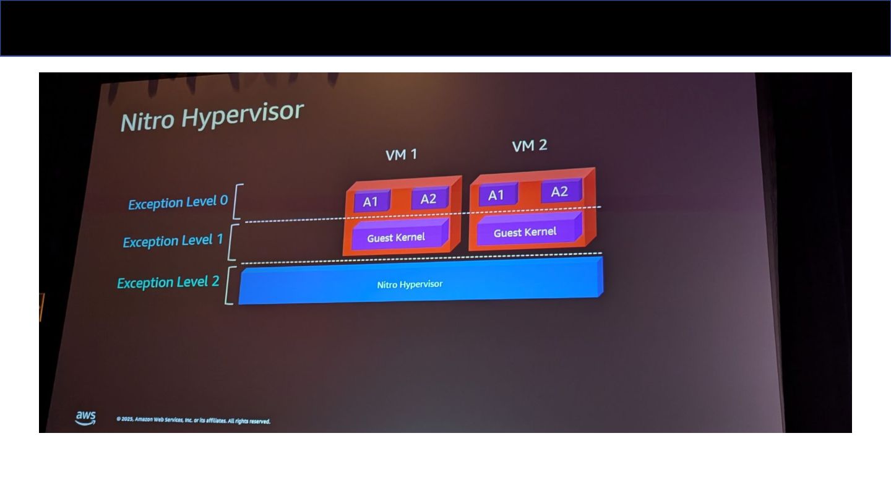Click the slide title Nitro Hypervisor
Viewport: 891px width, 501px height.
click(212, 116)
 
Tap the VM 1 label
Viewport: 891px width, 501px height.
click(401, 155)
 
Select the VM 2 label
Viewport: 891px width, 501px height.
click(530, 146)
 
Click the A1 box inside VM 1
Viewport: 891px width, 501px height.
click(371, 202)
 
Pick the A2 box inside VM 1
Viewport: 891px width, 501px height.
click(428, 199)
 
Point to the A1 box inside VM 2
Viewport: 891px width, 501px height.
click(496, 195)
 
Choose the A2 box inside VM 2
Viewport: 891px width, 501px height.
click(559, 192)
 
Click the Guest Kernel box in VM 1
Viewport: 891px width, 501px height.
click(397, 238)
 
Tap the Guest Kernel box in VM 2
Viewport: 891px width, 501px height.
click(525, 232)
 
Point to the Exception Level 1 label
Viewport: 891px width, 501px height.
click(173, 241)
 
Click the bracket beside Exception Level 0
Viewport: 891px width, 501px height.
click(237, 201)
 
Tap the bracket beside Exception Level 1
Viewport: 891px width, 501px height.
click(233, 242)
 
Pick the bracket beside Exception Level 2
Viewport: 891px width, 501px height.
click(229, 285)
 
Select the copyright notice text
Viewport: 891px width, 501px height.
click(193, 421)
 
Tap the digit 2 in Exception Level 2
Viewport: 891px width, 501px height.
click(215, 281)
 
